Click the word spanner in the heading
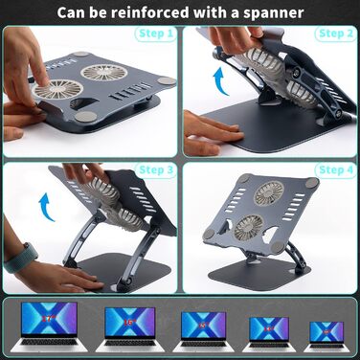tap(274, 13)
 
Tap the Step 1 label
tap(156, 34)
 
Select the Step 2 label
tap(336, 34)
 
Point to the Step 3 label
tap(156, 170)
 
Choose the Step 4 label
tap(336, 170)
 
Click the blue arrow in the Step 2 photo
tap(221, 81)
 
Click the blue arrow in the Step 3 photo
tap(47, 207)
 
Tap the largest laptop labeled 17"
tap(49, 326)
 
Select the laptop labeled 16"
tap(129, 329)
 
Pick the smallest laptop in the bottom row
tap(326, 337)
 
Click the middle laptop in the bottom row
tap(203, 331)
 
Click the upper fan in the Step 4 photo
tap(269, 193)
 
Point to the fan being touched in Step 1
tap(56, 90)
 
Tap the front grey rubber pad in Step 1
tap(86, 116)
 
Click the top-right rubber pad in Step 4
tap(311, 183)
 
